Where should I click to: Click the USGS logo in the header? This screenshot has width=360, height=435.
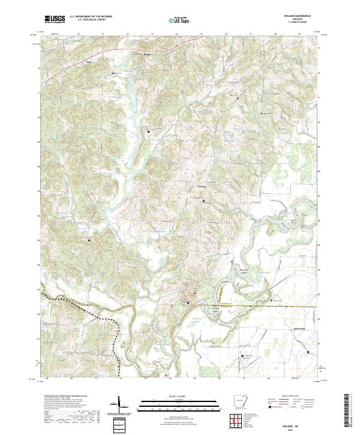(54, 20)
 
